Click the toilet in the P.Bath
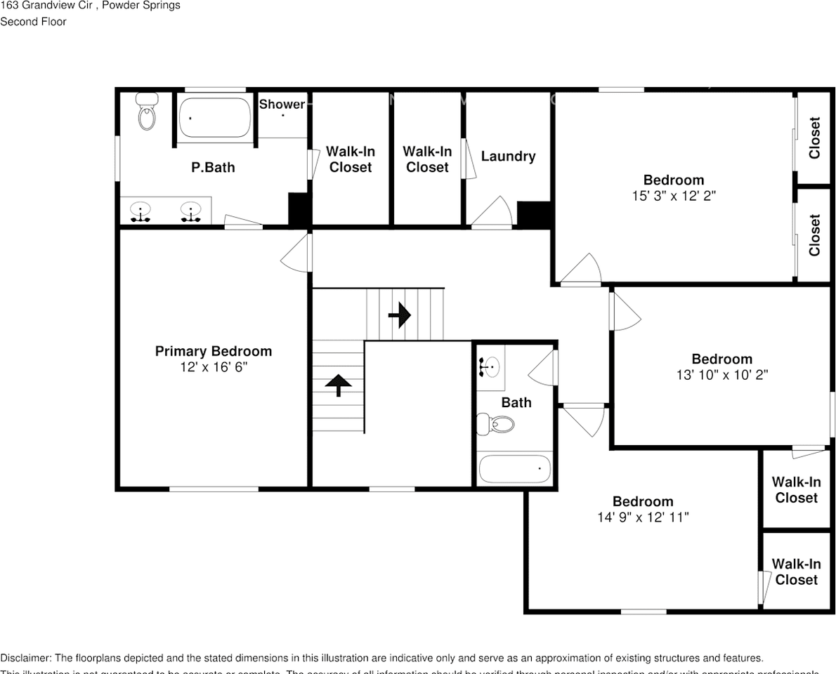point(147,112)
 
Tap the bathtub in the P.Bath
point(214,118)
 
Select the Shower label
point(282,105)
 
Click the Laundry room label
point(508,157)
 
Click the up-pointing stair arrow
point(339,385)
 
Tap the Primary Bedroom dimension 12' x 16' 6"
point(214,367)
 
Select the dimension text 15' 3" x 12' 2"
point(673,196)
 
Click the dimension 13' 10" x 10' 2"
point(721,375)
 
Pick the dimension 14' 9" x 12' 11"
point(643,517)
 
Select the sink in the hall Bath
point(490,366)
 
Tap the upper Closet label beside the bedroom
point(815,138)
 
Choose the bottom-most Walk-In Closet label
point(796,572)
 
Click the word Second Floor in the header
point(33,22)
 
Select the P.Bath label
point(213,168)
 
